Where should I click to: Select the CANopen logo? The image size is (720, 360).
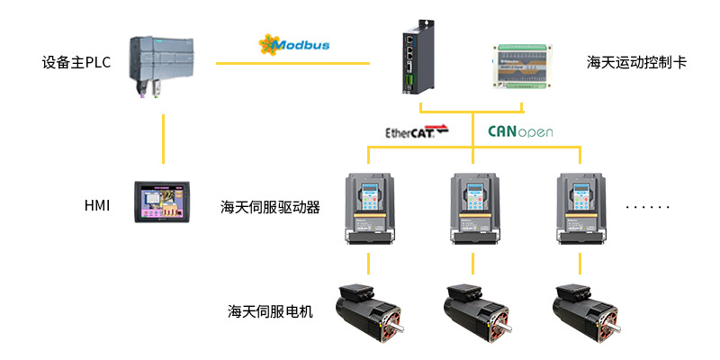coord(520,131)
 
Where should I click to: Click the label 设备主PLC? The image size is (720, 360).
coord(76,63)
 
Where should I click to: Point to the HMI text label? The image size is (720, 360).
coord(96,206)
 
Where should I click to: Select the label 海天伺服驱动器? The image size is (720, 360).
coord(271,207)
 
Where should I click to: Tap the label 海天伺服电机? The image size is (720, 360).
coord(271,311)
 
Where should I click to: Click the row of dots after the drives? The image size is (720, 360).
coord(648,208)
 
